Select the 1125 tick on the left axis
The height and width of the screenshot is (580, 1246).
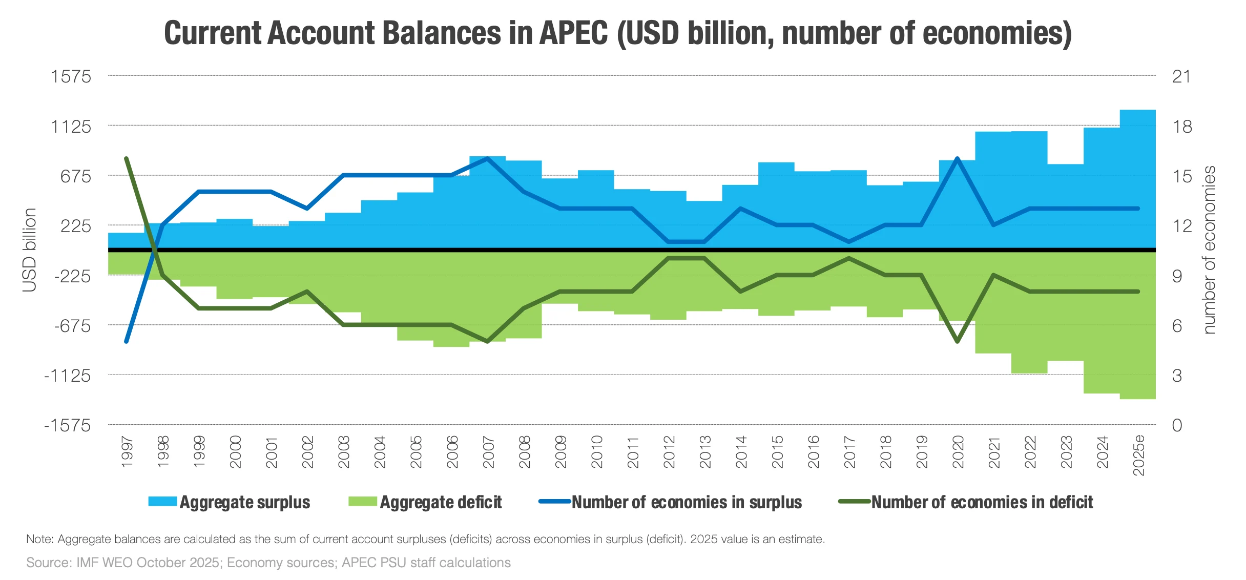pos(71,127)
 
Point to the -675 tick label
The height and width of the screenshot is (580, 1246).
pos(72,326)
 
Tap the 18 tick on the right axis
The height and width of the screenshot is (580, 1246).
pos(1182,127)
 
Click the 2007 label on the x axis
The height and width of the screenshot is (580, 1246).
pos(488,452)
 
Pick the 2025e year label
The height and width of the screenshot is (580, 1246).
pos(1138,455)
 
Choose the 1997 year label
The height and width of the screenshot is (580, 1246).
pos(127,452)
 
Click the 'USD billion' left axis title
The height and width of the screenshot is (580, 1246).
pos(30,250)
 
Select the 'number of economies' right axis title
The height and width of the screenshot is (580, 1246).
pos(1209,250)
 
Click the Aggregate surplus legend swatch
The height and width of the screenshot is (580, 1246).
pos(162,502)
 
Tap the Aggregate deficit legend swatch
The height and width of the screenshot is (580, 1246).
pos(363,502)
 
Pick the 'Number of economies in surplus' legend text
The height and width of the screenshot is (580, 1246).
pos(687,503)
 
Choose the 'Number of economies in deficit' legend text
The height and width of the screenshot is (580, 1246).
pos(982,503)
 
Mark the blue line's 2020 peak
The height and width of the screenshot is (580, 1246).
pos(958,158)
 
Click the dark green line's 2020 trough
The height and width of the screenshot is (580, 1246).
pos(958,341)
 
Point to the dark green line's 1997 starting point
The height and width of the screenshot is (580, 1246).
pos(127,158)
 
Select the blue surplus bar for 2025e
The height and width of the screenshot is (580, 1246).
pos(1138,179)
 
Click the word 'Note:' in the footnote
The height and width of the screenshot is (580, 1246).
pos(40,539)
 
